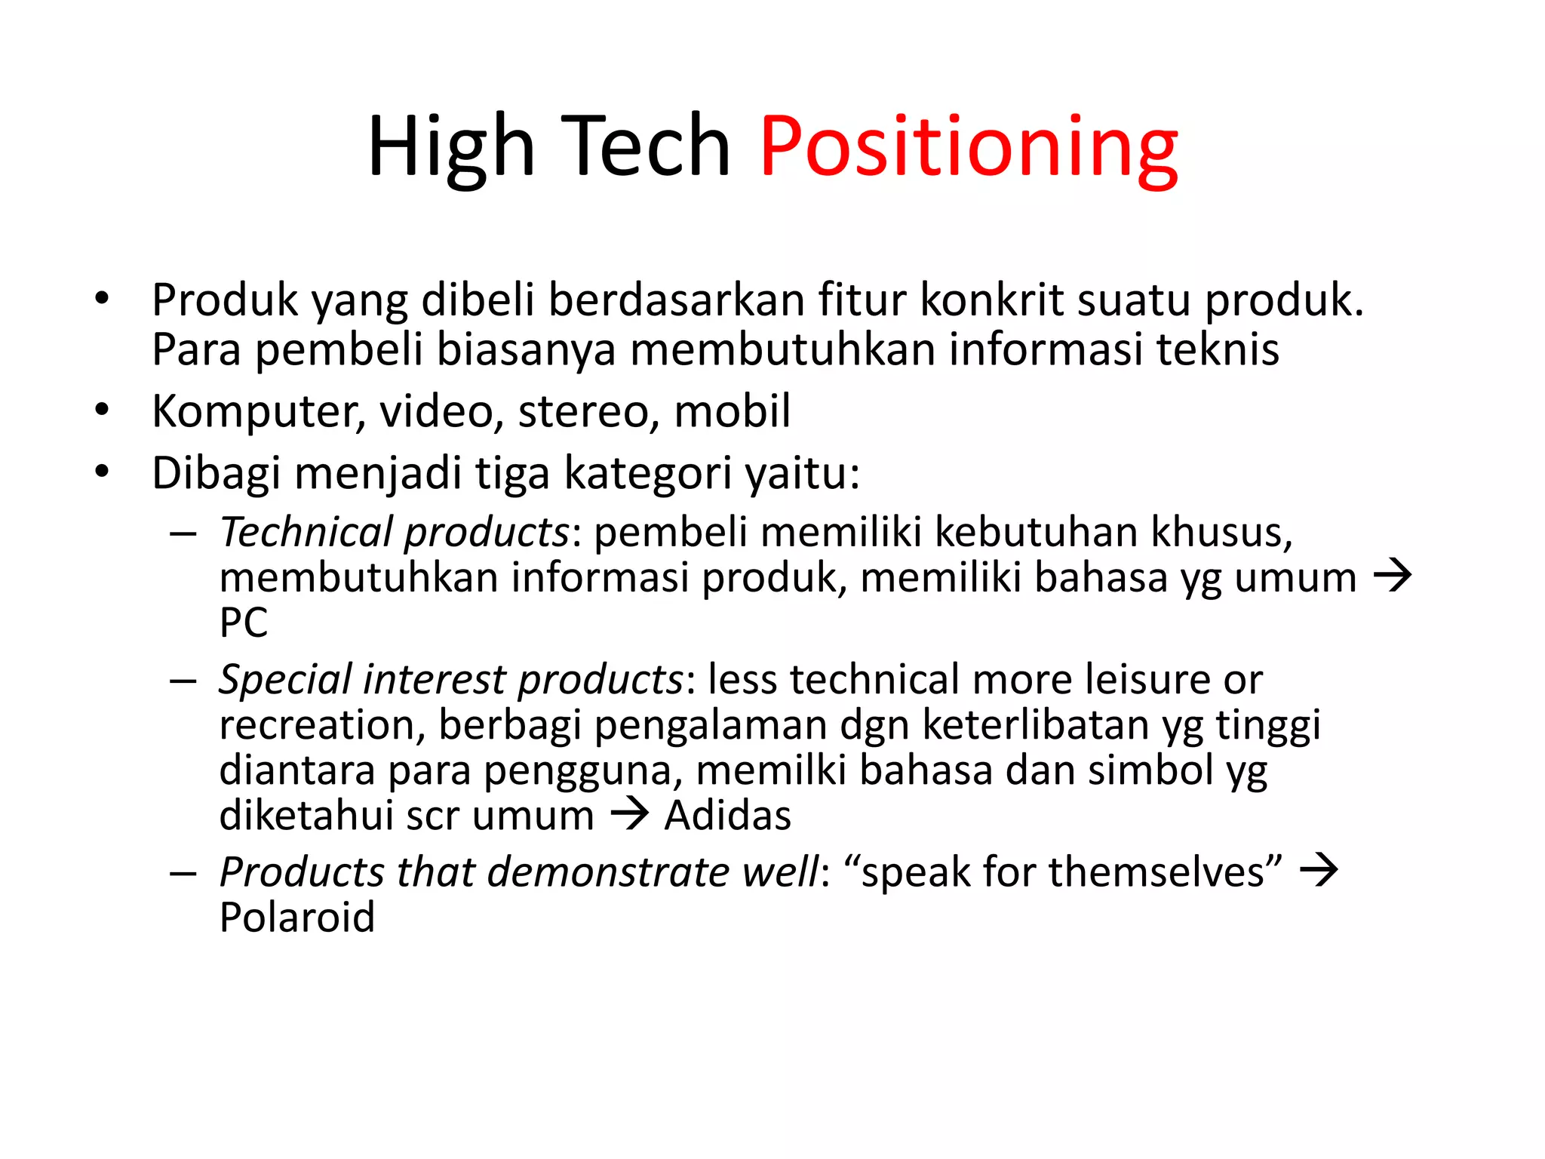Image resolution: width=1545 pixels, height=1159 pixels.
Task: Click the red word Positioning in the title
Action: [x=969, y=146]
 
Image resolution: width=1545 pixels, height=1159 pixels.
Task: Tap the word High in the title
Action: [x=451, y=146]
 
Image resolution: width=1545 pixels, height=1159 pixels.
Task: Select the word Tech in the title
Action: [x=646, y=146]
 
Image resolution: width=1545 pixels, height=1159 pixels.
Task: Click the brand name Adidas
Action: [x=728, y=816]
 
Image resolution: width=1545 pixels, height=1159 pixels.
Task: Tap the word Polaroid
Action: [x=297, y=918]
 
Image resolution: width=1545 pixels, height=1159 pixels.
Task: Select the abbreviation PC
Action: [x=244, y=623]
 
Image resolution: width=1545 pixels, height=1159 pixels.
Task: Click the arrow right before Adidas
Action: [x=629, y=814]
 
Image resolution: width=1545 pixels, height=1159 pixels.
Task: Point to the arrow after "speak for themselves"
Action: [x=1319, y=871]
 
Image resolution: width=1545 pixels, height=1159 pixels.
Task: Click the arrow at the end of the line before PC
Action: [x=1392, y=577]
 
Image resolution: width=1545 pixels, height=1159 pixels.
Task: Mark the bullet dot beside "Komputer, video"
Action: [x=103, y=410]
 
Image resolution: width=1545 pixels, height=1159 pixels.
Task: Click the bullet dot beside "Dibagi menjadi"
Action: [x=103, y=472]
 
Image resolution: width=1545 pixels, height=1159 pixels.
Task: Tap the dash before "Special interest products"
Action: [x=183, y=681]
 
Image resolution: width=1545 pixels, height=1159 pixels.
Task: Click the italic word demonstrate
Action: [x=609, y=872]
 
